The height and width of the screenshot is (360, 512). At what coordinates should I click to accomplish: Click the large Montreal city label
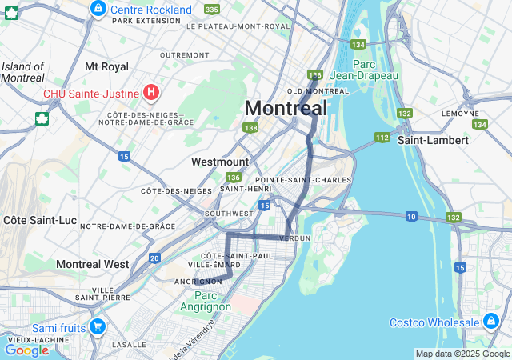[x=286, y=108]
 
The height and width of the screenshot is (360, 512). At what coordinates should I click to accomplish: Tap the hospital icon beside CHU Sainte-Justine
[x=151, y=94]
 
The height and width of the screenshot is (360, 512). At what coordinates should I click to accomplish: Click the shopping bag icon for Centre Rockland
[x=98, y=9]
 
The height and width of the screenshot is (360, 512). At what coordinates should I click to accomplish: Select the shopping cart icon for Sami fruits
[x=98, y=327]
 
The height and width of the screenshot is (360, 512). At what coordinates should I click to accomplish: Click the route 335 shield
[x=211, y=9]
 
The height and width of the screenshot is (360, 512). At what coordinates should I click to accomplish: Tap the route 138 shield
[x=251, y=128]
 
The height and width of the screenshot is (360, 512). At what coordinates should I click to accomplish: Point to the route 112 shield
[x=382, y=138]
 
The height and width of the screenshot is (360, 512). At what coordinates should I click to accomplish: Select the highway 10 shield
[x=411, y=216]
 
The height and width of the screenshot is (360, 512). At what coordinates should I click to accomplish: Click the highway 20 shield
[x=154, y=258]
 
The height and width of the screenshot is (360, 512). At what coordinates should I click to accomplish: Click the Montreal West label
[x=92, y=264]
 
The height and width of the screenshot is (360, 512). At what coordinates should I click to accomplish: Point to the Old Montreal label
[x=318, y=91]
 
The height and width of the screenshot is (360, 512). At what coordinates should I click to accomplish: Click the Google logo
[x=26, y=350]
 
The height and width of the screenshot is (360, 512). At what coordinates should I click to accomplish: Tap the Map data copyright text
[x=462, y=354]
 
